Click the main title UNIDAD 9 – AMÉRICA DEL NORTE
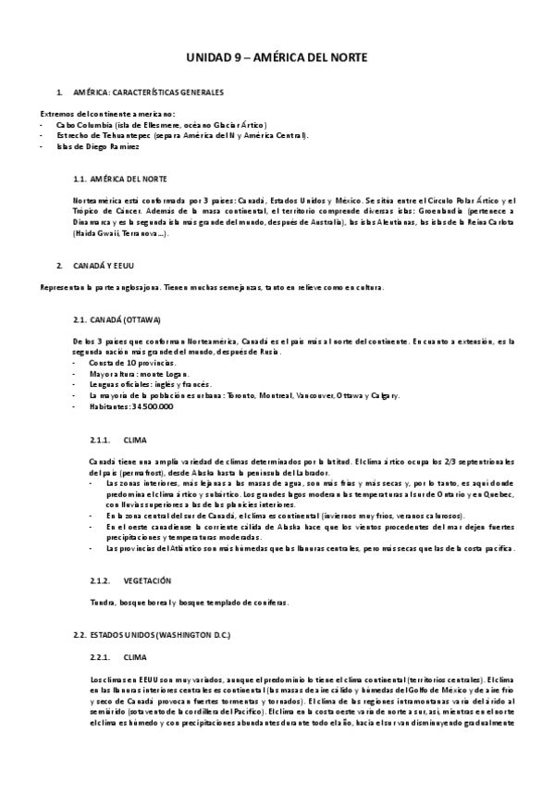coord(277,57)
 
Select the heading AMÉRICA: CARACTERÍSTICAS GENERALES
coord(147,93)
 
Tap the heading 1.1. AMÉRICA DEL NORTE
coord(121,178)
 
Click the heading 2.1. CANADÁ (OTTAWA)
coord(117,319)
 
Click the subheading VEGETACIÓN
coord(147,580)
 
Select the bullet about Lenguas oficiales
coord(141,384)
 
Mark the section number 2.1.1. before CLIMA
coord(100,439)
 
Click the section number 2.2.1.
coord(100,657)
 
